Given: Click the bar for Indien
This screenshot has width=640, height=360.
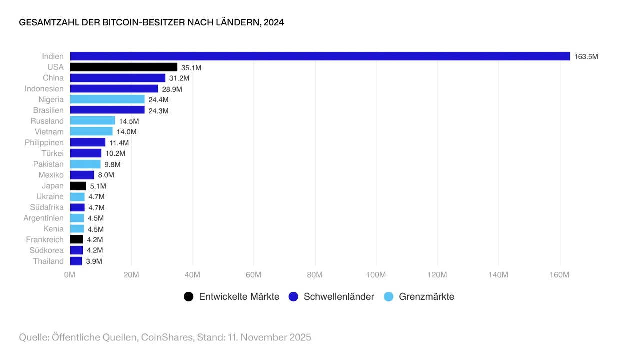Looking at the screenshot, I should tap(320, 56).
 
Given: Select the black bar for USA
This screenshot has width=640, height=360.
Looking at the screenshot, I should tap(123, 67).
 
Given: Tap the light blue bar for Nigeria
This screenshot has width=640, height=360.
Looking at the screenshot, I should tap(107, 99).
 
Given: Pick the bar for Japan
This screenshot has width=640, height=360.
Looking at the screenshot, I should tap(78, 186).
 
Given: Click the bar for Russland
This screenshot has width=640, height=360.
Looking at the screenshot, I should tap(92, 121).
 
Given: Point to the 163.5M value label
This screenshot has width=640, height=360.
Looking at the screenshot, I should tap(586, 57).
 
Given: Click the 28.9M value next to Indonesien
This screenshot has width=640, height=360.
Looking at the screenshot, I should tap(172, 89).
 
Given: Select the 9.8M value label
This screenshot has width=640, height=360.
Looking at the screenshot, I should tap(112, 164).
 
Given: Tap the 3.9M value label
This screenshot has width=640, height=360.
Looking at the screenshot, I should tap(94, 261).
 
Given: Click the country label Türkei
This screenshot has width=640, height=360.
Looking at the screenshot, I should tap(52, 153).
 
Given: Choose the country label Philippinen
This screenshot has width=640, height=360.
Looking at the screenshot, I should tap(44, 143).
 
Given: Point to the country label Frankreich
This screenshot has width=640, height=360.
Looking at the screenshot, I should tap(45, 240).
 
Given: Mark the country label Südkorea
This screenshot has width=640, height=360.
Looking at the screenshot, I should tap(47, 250).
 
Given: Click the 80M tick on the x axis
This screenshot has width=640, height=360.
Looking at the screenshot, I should tap(315, 275).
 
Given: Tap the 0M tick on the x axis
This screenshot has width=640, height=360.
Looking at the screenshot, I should tap(70, 275).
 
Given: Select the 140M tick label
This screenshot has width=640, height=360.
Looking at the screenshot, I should tap(498, 275).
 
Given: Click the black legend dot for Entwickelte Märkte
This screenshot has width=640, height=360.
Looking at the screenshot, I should tap(188, 297).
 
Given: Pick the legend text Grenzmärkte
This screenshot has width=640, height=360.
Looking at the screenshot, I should tap(426, 297).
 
